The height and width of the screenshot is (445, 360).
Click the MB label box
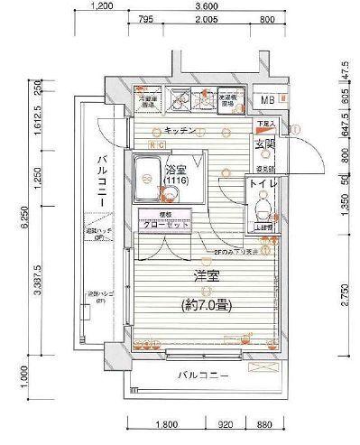pos(269,100)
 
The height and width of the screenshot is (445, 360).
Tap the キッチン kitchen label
pos(181,131)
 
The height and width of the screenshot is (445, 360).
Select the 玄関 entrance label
pos(265,144)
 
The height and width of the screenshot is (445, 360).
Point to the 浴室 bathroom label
pos(175,170)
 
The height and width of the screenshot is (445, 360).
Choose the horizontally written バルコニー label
pos(202,375)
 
